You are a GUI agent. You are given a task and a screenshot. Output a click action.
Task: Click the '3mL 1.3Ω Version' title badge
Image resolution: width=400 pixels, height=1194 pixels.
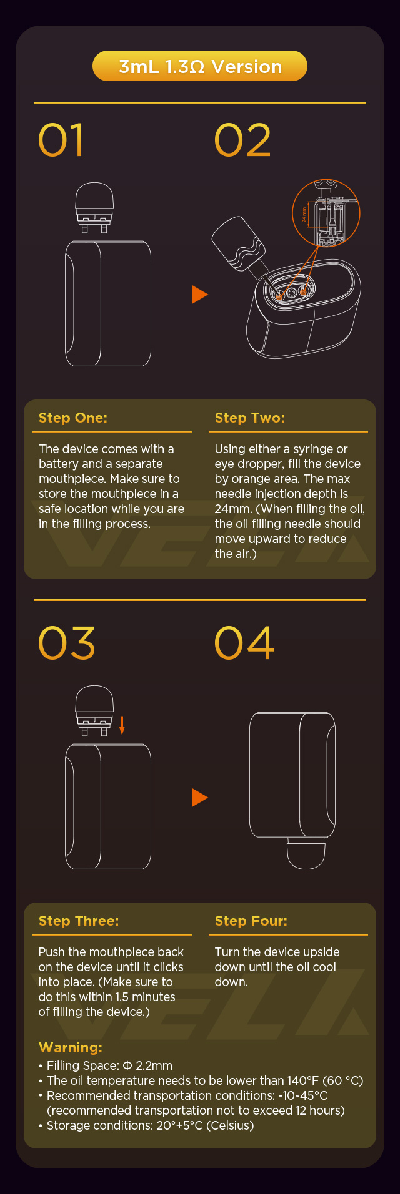[x=200, y=67]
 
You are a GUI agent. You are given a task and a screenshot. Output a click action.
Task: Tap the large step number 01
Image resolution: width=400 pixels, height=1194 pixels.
[x=61, y=140]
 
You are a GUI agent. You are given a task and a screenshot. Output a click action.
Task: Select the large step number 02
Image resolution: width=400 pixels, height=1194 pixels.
[x=242, y=140]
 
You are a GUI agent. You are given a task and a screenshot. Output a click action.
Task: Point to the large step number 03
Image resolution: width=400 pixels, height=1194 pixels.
[x=66, y=643]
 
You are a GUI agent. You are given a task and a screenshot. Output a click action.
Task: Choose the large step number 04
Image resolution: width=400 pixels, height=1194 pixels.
[x=244, y=643]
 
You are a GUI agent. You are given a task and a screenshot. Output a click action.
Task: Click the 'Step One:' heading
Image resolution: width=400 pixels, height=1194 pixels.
[x=73, y=418]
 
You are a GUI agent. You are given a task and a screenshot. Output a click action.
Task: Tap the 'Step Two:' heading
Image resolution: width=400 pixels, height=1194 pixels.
[x=250, y=418]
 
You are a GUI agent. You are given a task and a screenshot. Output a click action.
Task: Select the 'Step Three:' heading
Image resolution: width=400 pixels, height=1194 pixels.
[x=79, y=921]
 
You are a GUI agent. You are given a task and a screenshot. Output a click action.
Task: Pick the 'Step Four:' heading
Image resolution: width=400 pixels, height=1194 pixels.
[x=251, y=921]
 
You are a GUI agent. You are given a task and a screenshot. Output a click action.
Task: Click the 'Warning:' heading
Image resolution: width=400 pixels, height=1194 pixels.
[x=71, y=1047]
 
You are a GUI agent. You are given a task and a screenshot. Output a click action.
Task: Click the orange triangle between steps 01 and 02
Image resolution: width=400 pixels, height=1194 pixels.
[x=199, y=294]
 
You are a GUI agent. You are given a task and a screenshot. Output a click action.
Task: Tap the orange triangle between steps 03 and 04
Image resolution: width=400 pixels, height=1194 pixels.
[x=199, y=797]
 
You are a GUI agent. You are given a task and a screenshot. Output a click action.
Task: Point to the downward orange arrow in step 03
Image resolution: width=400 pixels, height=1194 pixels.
[x=122, y=725]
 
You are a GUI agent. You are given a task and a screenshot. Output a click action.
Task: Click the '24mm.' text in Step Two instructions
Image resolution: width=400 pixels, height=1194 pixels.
[x=233, y=509]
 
